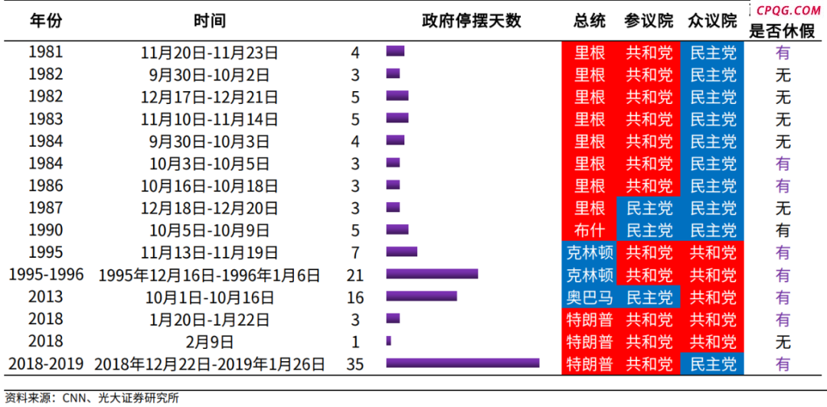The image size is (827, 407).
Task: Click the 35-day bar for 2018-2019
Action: tap(463, 363)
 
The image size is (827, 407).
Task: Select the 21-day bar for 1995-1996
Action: tap(432, 274)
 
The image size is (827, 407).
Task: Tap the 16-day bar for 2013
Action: tap(421, 296)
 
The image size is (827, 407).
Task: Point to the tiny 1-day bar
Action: tap(388, 340)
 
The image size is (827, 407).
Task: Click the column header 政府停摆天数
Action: tap(471, 21)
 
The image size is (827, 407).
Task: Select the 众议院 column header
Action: tap(712, 21)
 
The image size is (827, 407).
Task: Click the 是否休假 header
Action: tap(783, 31)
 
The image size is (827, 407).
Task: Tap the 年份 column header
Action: tap(46, 21)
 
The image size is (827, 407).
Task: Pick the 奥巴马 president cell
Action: tap(590, 297)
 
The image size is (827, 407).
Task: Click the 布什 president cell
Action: tap(590, 230)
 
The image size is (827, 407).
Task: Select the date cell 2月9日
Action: tap(209, 342)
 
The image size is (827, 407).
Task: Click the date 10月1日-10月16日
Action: tap(209, 298)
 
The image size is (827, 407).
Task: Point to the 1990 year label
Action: tap(46, 230)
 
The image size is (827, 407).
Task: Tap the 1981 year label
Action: tap(46, 53)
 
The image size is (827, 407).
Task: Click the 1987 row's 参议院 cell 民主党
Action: tap(649, 208)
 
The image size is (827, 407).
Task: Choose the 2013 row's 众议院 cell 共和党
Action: tap(712, 297)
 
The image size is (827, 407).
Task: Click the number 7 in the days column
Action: tap(355, 252)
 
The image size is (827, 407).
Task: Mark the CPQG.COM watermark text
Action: tap(788, 10)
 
